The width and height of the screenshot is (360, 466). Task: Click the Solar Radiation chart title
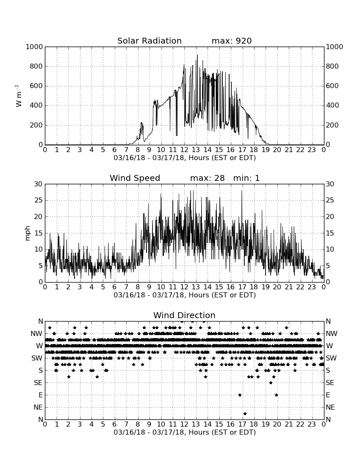pos(150,41)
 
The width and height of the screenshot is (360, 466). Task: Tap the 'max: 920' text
pos(232,41)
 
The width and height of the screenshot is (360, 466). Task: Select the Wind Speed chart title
pos(135,178)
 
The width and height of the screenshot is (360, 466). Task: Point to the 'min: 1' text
pos(246,178)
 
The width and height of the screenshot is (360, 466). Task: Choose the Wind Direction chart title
pos(184,315)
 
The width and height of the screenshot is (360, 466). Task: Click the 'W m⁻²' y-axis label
pos(18,96)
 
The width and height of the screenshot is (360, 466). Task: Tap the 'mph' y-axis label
pos(28,233)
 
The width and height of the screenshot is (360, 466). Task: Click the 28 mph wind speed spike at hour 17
pos(242,191)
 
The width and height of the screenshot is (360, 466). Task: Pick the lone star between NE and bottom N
pos(245,413)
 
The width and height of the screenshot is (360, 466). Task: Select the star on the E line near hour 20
pos(276,395)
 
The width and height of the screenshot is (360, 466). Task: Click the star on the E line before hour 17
pos(240,395)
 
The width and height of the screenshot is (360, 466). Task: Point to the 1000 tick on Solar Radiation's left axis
pos(34,47)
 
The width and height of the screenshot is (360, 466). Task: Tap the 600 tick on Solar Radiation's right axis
pos(332,86)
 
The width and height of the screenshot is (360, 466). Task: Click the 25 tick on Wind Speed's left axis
pos(39,200)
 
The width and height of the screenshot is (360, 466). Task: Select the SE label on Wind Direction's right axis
pos(330,383)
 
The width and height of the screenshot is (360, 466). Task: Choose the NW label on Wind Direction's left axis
pos(36,334)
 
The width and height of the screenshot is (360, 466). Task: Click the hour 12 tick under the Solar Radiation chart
pos(184,150)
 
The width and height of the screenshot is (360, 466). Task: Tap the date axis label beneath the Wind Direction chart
pos(185,432)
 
